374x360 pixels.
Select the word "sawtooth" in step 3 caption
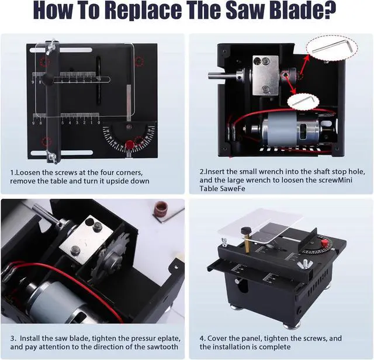[x=158, y=347]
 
